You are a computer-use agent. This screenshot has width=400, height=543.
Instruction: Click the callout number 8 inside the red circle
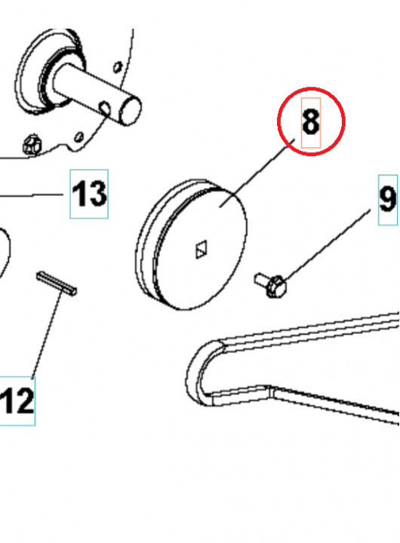(311, 121)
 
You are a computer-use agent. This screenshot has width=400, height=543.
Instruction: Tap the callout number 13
(89, 195)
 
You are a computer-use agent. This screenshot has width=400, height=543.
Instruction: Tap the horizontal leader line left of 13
(30, 195)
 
